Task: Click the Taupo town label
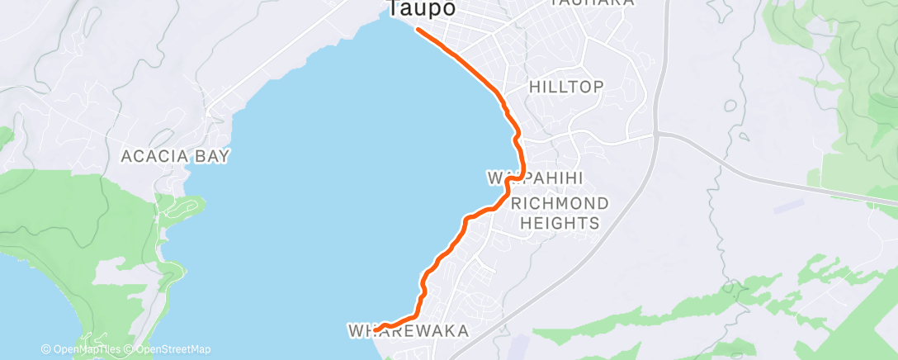[421, 9]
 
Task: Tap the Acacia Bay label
[175, 155]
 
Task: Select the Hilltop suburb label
[566, 87]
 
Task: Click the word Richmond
[560, 203]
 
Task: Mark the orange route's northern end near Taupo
[418, 30]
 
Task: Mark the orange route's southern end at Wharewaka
[376, 330]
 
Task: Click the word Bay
[213, 155]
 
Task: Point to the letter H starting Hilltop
[533, 87]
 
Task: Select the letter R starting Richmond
[517, 203]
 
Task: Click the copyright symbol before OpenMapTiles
[46, 349]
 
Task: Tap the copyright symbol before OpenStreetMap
[129, 349]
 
